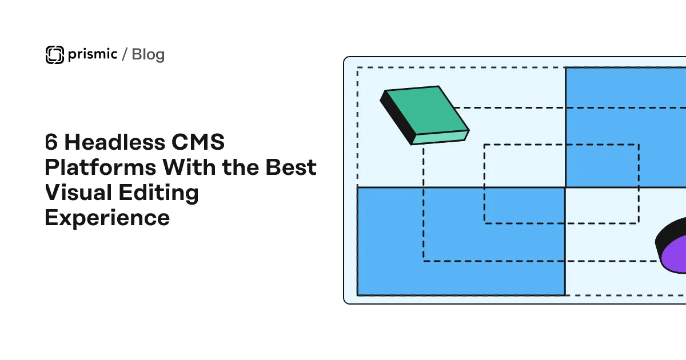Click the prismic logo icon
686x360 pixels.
click(55, 55)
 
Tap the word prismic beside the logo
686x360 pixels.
click(93, 54)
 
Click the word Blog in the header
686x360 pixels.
click(148, 54)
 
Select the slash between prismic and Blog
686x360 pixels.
click(125, 54)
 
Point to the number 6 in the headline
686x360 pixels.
click(51, 142)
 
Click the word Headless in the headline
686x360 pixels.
click(115, 142)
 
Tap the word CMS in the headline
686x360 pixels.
click(198, 142)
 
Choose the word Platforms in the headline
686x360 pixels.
click(101, 167)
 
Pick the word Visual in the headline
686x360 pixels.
click(78, 193)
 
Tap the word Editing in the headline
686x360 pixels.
click(159, 193)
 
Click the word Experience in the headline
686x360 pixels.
click(107, 218)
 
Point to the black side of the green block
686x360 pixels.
click(397, 118)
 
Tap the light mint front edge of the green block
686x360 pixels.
click(440, 138)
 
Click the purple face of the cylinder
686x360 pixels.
click(675, 255)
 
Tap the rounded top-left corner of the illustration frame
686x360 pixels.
click(346, 59)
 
